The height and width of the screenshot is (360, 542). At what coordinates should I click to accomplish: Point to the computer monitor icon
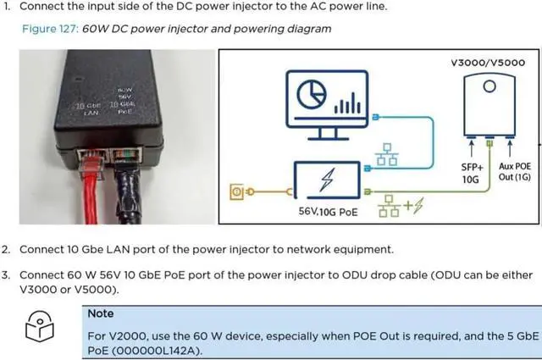[x=327, y=102]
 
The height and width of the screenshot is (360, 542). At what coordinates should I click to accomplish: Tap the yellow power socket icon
[x=236, y=193]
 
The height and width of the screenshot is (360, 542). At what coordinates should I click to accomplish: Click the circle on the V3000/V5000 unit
[x=489, y=86]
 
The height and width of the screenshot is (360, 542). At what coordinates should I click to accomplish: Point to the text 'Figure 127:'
[x=51, y=29]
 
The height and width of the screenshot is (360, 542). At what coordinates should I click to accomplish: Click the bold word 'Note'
[x=102, y=313]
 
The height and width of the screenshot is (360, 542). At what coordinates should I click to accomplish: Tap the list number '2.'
[x=7, y=250]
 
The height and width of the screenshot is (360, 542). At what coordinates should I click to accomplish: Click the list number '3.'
[x=7, y=274]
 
